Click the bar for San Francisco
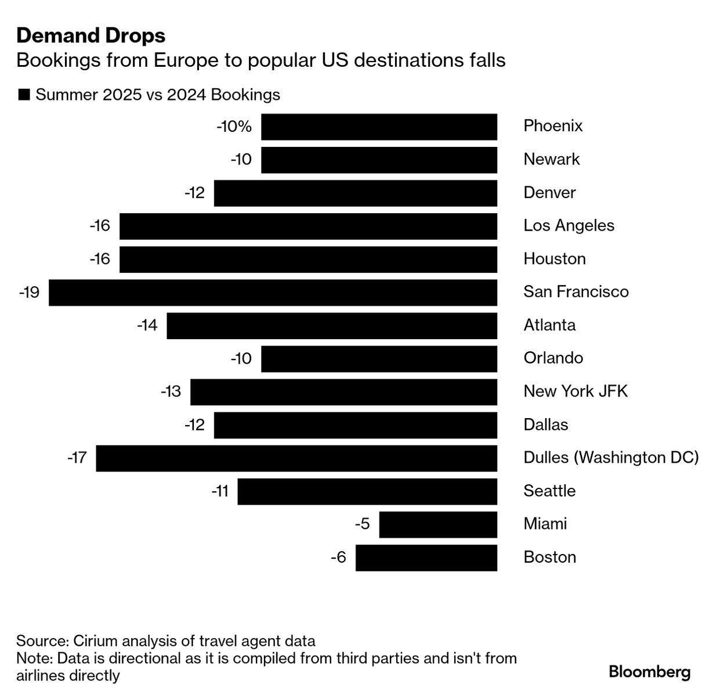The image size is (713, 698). pyautogui.click(x=273, y=293)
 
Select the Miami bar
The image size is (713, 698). pyautogui.click(x=438, y=525)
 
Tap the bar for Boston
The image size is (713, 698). pyautogui.click(x=426, y=558)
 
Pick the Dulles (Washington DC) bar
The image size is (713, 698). pyautogui.click(x=296, y=458)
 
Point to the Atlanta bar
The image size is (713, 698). pyautogui.click(x=332, y=326)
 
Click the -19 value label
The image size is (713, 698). pyautogui.click(x=29, y=292)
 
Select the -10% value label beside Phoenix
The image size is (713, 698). pyautogui.click(x=234, y=127)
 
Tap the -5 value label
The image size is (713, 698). pyautogui.click(x=362, y=524)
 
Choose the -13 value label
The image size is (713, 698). pyautogui.click(x=171, y=392)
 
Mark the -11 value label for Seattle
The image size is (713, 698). pyautogui.click(x=220, y=492)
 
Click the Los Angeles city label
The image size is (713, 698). pyautogui.click(x=569, y=226)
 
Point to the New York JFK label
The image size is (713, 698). pyautogui.click(x=576, y=391)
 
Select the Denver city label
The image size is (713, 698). pyautogui.click(x=549, y=193)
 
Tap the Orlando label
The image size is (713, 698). pyautogui.click(x=553, y=358)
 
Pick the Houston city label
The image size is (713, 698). pyautogui.click(x=555, y=259)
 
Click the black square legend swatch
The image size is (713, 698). pyautogui.click(x=24, y=95)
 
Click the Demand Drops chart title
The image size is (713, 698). pyautogui.click(x=91, y=36)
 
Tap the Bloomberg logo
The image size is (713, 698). pyautogui.click(x=650, y=672)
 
